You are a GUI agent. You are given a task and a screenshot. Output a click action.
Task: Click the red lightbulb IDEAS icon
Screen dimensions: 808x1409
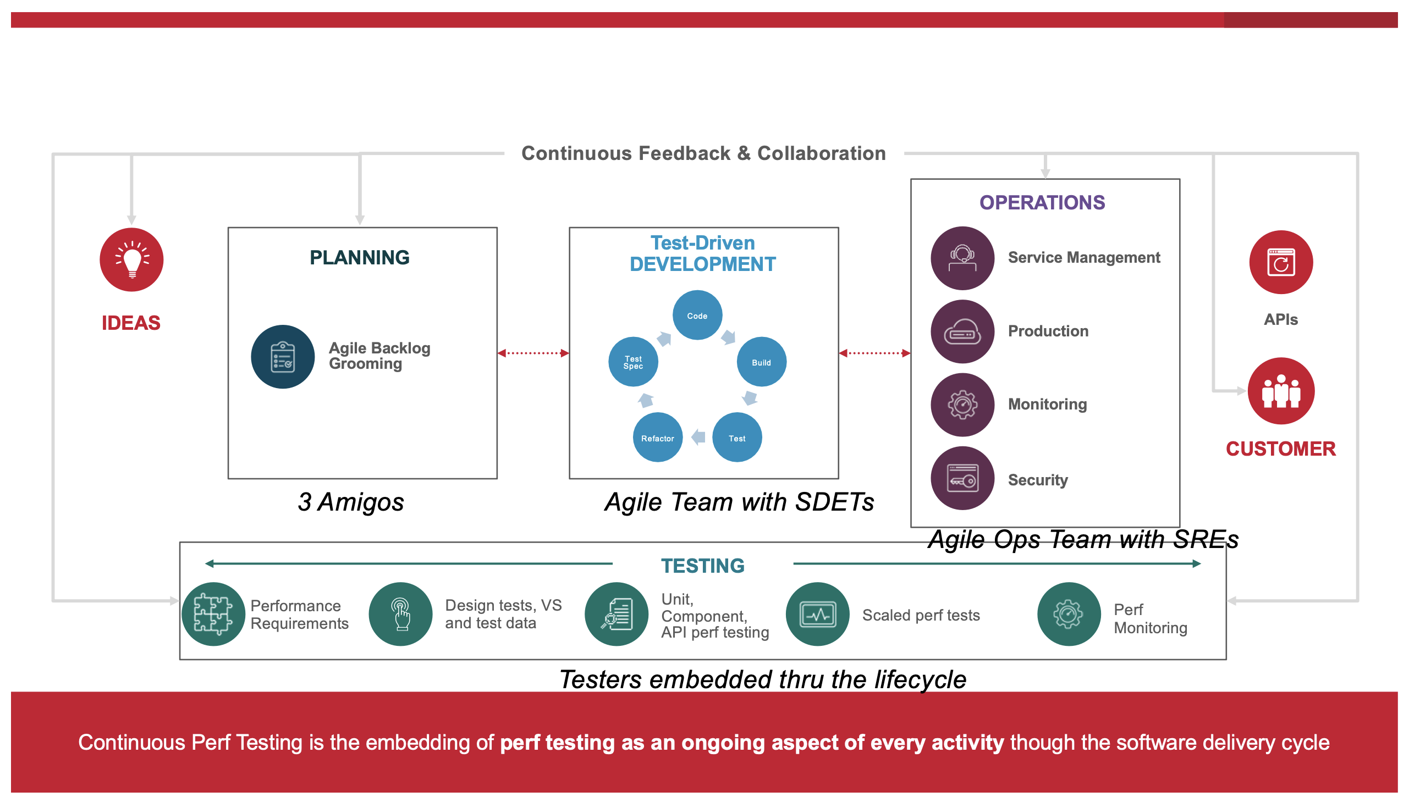(x=131, y=259)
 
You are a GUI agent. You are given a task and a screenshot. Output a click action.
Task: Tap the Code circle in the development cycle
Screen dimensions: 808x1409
(x=697, y=315)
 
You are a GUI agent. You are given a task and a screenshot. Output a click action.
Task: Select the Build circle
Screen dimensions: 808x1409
(x=761, y=362)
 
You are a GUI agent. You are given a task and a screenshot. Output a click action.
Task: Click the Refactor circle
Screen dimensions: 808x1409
(x=657, y=438)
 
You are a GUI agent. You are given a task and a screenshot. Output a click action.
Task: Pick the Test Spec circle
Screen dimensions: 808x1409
(x=633, y=362)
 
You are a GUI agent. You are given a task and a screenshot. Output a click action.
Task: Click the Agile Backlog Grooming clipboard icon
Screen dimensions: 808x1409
(x=283, y=356)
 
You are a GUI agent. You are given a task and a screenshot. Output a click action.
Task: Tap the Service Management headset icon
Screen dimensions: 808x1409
(x=962, y=258)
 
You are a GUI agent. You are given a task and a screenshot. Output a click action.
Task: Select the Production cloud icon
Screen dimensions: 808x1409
(x=962, y=331)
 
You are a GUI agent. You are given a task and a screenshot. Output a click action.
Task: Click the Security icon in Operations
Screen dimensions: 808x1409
(x=962, y=478)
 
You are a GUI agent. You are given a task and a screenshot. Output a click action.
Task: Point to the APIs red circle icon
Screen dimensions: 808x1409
(x=1280, y=262)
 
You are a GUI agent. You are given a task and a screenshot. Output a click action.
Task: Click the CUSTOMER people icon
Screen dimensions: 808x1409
(x=1280, y=391)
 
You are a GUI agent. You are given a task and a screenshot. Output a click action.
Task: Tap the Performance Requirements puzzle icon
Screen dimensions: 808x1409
(x=213, y=614)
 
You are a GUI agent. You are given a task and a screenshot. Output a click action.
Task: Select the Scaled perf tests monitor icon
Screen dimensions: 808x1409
(x=817, y=614)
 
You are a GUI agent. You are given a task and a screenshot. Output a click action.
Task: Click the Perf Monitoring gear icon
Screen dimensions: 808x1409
(x=1068, y=614)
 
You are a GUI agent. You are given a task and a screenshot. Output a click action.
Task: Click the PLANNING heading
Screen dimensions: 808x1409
(x=359, y=257)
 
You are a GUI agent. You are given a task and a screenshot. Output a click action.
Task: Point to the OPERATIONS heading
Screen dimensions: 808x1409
(x=1042, y=203)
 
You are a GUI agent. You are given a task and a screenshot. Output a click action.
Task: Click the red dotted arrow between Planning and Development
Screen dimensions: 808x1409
(x=533, y=353)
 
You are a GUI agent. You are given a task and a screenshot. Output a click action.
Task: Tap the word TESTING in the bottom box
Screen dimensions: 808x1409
(x=702, y=566)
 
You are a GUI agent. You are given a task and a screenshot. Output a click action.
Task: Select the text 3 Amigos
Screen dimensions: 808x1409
(x=350, y=502)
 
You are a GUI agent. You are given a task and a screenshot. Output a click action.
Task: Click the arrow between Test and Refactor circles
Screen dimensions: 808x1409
(x=698, y=438)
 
